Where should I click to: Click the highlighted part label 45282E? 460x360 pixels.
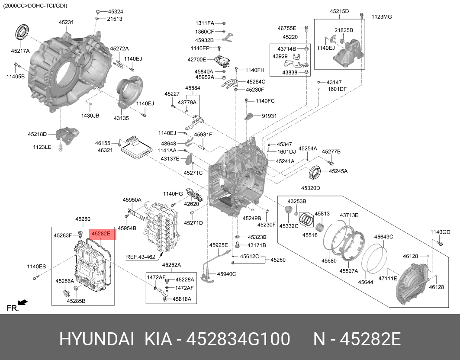click(101, 234)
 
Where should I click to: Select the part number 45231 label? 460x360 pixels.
click(66, 22)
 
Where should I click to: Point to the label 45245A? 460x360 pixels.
click(338, 171)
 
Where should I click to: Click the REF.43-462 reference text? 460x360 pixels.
click(141, 257)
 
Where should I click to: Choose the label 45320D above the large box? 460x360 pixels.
click(311, 188)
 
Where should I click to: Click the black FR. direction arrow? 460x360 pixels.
click(23, 302)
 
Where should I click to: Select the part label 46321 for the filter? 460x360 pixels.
click(105, 151)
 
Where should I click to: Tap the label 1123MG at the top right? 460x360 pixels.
click(382, 17)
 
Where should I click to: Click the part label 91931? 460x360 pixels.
click(269, 116)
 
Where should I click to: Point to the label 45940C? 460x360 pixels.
click(226, 273)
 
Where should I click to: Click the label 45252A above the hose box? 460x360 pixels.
click(171, 265)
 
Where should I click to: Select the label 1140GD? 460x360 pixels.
click(440, 232)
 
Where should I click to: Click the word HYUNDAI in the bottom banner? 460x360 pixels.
click(97, 340)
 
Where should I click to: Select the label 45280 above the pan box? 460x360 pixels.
click(83, 219)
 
